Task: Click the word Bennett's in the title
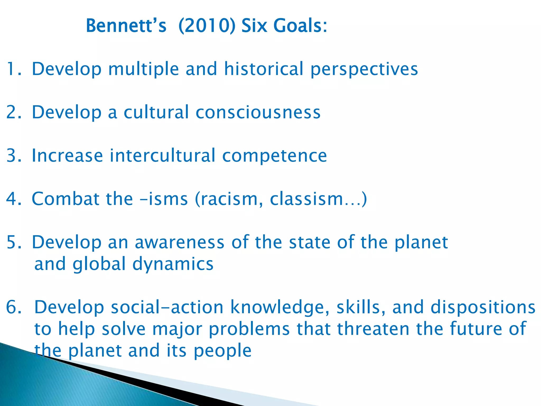point(126,26)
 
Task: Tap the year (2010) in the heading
point(207,26)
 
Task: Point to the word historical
point(264,69)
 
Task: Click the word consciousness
point(258,112)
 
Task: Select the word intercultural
point(162,156)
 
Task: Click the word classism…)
point(318,199)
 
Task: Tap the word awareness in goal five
point(179,242)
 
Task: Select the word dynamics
point(173,265)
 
